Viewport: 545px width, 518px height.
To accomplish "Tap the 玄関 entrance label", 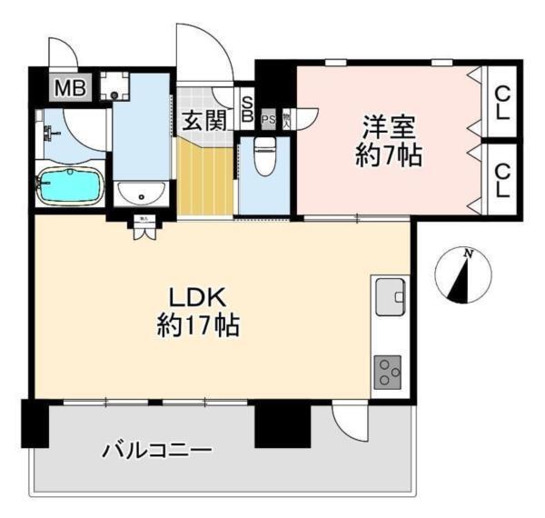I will click(x=203, y=119).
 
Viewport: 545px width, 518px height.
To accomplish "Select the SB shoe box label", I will click(x=246, y=109).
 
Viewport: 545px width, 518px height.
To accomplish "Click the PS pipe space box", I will click(x=268, y=118).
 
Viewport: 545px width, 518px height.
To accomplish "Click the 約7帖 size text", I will click(x=387, y=154).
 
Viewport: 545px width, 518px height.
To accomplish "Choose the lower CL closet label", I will click(x=500, y=179).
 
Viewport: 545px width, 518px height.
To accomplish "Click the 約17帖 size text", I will click(x=198, y=324).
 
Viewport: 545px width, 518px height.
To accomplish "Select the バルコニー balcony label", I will click(x=156, y=450).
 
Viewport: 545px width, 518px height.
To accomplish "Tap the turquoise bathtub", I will click(x=69, y=187).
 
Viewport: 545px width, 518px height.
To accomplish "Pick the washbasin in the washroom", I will click(x=142, y=192).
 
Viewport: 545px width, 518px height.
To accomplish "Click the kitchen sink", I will click(x=391, y=296).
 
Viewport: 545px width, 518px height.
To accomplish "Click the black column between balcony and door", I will click(x=282, y=423).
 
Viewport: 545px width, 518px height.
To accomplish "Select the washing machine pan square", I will click(x=114, y=87).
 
